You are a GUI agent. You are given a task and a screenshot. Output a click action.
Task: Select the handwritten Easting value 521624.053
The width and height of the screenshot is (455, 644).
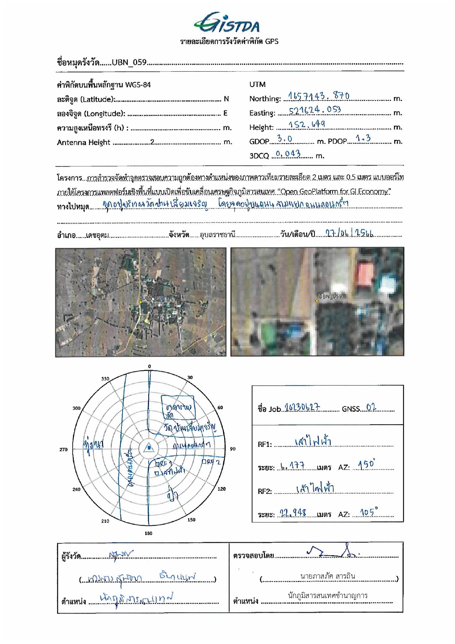coord(314,110)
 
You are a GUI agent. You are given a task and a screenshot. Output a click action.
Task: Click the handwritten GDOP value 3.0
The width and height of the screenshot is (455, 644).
coord(285,139)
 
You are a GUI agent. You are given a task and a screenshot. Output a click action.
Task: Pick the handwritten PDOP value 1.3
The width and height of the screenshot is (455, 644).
coord(363,138)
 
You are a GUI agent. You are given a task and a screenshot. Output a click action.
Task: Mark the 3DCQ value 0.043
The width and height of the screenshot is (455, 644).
coord(288,154)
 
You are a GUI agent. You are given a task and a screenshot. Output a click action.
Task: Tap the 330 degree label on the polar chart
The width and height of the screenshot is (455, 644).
coord(105,379)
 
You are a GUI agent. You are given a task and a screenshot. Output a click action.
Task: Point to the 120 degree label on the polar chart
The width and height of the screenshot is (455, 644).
coord(222,489)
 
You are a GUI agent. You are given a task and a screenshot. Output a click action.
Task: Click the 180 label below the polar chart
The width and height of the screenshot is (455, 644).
coord(148,533)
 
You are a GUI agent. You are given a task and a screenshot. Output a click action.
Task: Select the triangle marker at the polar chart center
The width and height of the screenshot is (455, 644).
coord(149,448)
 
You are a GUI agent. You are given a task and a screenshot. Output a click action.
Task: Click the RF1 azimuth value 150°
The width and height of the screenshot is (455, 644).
coord(367,465)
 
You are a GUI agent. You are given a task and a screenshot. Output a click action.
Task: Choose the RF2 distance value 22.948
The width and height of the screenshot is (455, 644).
coord(292,512)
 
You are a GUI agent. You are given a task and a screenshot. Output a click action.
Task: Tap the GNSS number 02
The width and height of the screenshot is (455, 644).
coord(371,407)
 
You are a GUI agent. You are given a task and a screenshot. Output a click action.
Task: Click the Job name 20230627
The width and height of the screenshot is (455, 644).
coord(302,407)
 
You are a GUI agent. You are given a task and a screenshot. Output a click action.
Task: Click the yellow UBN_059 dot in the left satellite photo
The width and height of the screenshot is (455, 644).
coord(141,302)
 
